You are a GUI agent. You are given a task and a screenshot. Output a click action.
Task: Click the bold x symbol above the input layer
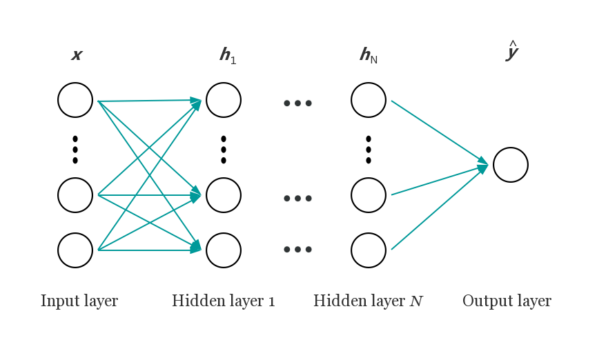pos(77,54)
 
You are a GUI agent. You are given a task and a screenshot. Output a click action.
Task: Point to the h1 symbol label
pos(228,56)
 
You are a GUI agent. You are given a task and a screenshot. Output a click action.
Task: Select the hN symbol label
pos(369,56)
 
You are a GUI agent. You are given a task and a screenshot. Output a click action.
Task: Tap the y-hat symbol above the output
pos(513,51)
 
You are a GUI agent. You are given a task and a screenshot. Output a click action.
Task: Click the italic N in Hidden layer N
pos(416,301)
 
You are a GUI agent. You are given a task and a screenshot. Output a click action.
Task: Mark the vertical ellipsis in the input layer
pos(75,150)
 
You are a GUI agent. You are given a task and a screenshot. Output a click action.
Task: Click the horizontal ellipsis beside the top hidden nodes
pos(297,103)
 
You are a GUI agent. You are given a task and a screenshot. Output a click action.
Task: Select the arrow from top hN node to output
pos(440,133)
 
